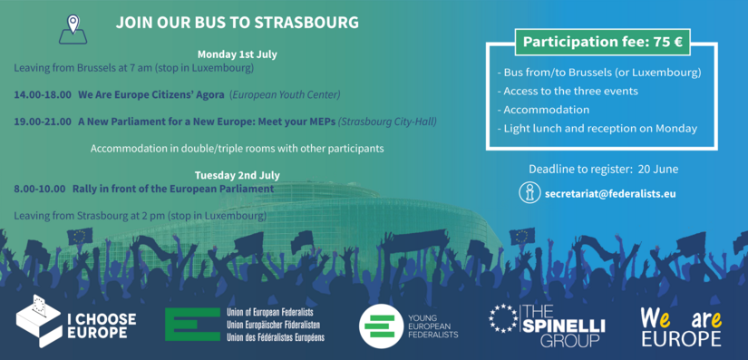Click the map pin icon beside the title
coord(73,29)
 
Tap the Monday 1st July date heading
coord(237,54)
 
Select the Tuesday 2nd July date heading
coord(237,175)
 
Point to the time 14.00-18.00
coord(43,94)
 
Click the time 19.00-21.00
coord(43,122)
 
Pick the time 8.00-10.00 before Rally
coord(40,189)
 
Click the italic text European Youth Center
coord(285,95)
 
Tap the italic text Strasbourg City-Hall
coord(387,122)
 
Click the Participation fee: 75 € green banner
coord(603,42)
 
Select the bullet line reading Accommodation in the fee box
coord(543,110)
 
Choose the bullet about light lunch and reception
coord(597,128)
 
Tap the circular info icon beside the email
coord(529,193)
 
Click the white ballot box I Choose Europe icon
coord(39,321)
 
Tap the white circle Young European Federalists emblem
coord(380,326)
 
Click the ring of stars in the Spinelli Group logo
coord(503,318)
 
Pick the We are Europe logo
coord(681,326)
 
